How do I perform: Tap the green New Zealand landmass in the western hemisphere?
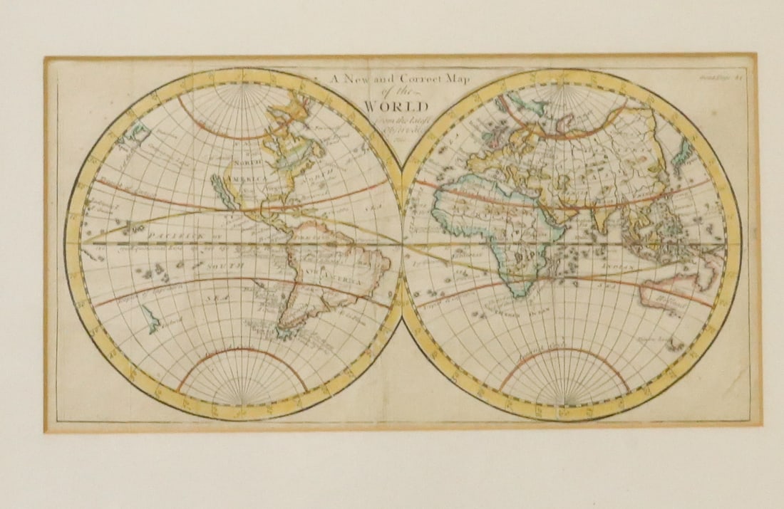[x=151, y=318]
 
